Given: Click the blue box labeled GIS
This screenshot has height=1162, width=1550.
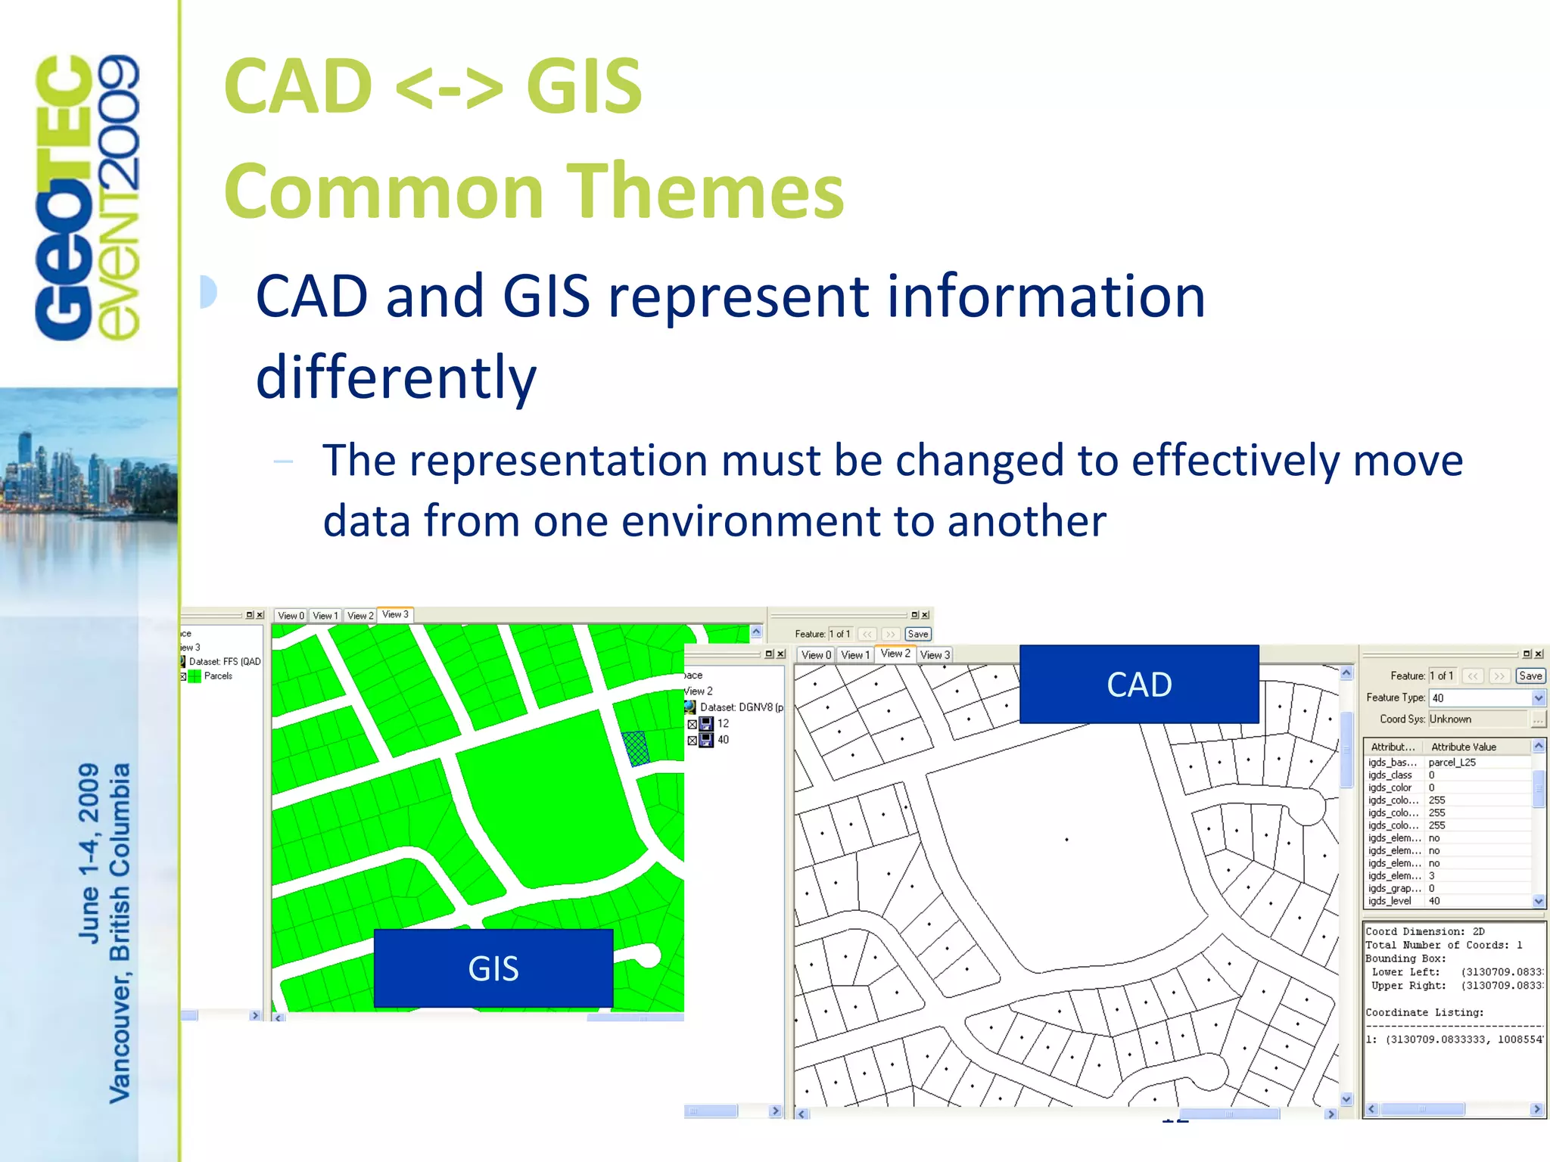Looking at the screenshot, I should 493,968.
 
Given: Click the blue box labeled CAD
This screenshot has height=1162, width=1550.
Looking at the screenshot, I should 1139,685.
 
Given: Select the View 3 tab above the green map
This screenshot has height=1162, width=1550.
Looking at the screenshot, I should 395,614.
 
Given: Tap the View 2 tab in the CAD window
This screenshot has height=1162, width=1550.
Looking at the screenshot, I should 895,654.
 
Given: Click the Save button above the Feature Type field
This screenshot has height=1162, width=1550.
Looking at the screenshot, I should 1530,676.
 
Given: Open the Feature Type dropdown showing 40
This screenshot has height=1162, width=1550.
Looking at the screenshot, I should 1538,698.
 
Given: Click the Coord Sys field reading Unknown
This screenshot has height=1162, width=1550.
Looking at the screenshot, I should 1476,719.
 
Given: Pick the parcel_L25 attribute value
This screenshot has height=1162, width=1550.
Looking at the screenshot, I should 1452,762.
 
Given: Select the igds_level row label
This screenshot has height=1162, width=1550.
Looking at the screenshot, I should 1390,900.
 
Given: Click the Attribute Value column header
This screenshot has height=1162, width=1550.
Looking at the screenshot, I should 1464,747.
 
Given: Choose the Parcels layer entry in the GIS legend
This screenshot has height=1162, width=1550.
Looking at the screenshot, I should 218,676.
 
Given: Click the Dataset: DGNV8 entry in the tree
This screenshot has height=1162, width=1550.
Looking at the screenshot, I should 740,707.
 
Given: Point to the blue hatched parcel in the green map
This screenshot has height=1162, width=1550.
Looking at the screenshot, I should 636,748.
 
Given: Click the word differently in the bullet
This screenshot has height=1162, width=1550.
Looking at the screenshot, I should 397,377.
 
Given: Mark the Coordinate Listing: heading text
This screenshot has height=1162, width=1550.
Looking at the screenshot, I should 1424,1012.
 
